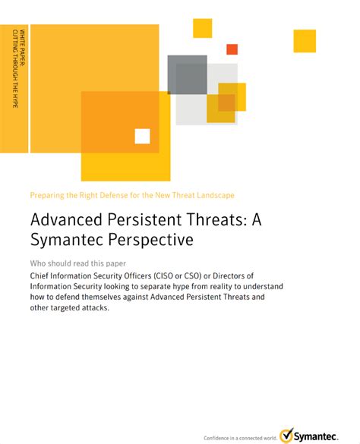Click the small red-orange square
[x=232, y=49]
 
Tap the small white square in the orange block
[x=142, y=136]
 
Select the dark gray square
[x=187, y=74]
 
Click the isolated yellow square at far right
[x=305, y=41]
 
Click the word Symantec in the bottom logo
[x=315, y=436]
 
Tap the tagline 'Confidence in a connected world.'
[x=240, y=438]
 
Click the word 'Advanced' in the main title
[x=66, y=219]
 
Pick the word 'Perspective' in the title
[x=151, y=240]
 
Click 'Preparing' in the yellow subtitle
[x=47, y=195]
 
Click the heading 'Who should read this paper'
[x=78, y=263]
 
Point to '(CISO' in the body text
[x=163, y=276]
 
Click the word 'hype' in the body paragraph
[x=181, y=287]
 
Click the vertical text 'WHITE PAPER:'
[x=22, y=48]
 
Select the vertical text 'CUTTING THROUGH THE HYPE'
[x=15, y=68]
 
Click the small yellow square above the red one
[x=202, y=28]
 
